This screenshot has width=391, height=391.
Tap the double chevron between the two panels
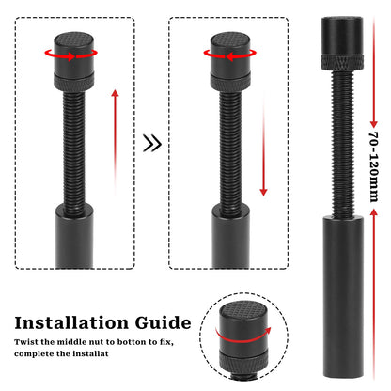pyautogui.click(x=150, y=144)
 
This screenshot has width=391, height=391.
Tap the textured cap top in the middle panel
pyautogui.click(x=227, y=40)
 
